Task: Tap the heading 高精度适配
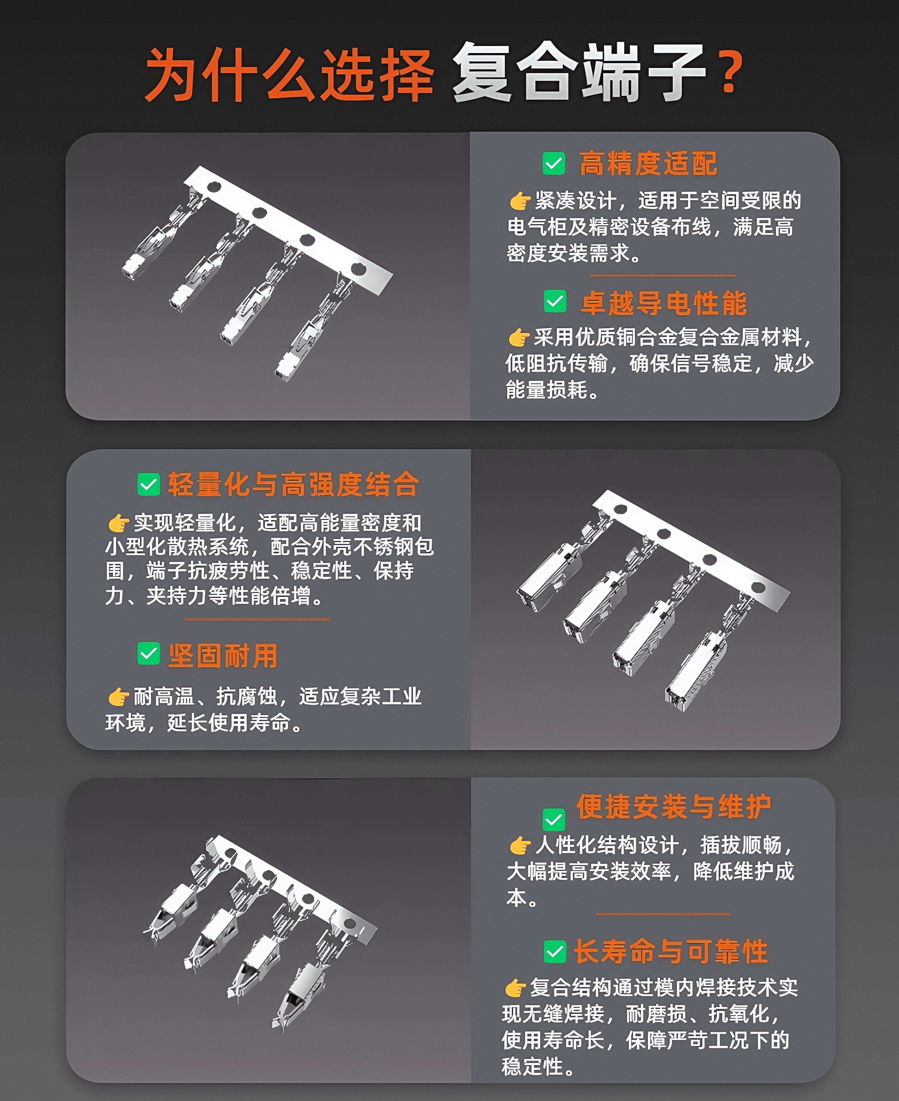coord(648,164)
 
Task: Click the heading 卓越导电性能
coord(663,303)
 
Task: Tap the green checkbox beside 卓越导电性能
coord(555,301)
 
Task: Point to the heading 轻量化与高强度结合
coord(293,485)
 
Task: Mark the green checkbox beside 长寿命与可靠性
coord(555,952)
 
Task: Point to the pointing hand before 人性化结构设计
coord(520,845)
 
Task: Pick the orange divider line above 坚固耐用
coord(257,619)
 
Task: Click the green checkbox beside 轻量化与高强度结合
coord(149,485)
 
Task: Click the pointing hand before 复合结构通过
coord(516,988)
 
